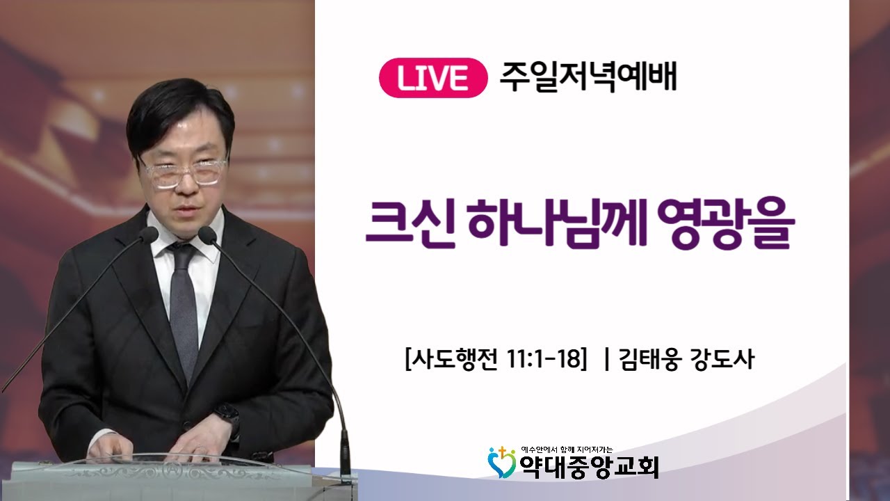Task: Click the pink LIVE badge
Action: click(432, 78)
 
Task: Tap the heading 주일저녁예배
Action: click(588, 77)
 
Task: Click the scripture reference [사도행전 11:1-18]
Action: click(496, 360)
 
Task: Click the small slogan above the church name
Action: click(566, 450)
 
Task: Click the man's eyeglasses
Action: click(184, 171)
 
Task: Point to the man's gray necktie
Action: click(184, 306)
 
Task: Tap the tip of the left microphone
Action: click(149, 234)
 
